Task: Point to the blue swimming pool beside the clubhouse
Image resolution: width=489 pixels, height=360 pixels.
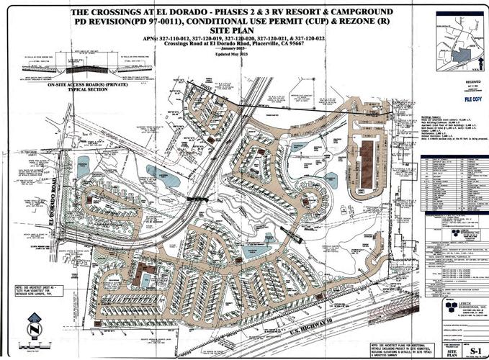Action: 147,279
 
